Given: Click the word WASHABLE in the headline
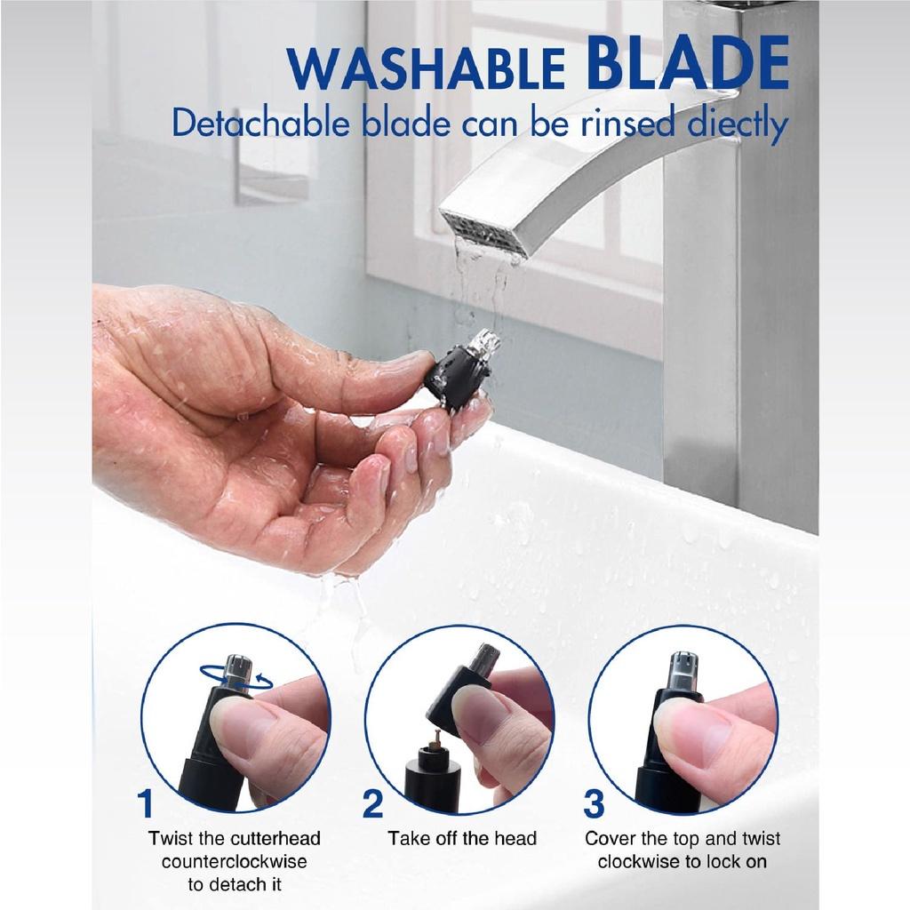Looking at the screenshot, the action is (427, 69).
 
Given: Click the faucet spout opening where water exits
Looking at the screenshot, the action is (483, 232).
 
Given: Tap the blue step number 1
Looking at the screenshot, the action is (146, 803).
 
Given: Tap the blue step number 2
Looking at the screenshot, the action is (372, 803).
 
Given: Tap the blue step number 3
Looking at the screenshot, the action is (594, 803).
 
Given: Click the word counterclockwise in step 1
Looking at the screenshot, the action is (235, 861).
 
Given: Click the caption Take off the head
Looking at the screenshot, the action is (462, 838).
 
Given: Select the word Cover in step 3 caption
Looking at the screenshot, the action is (610, 838).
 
